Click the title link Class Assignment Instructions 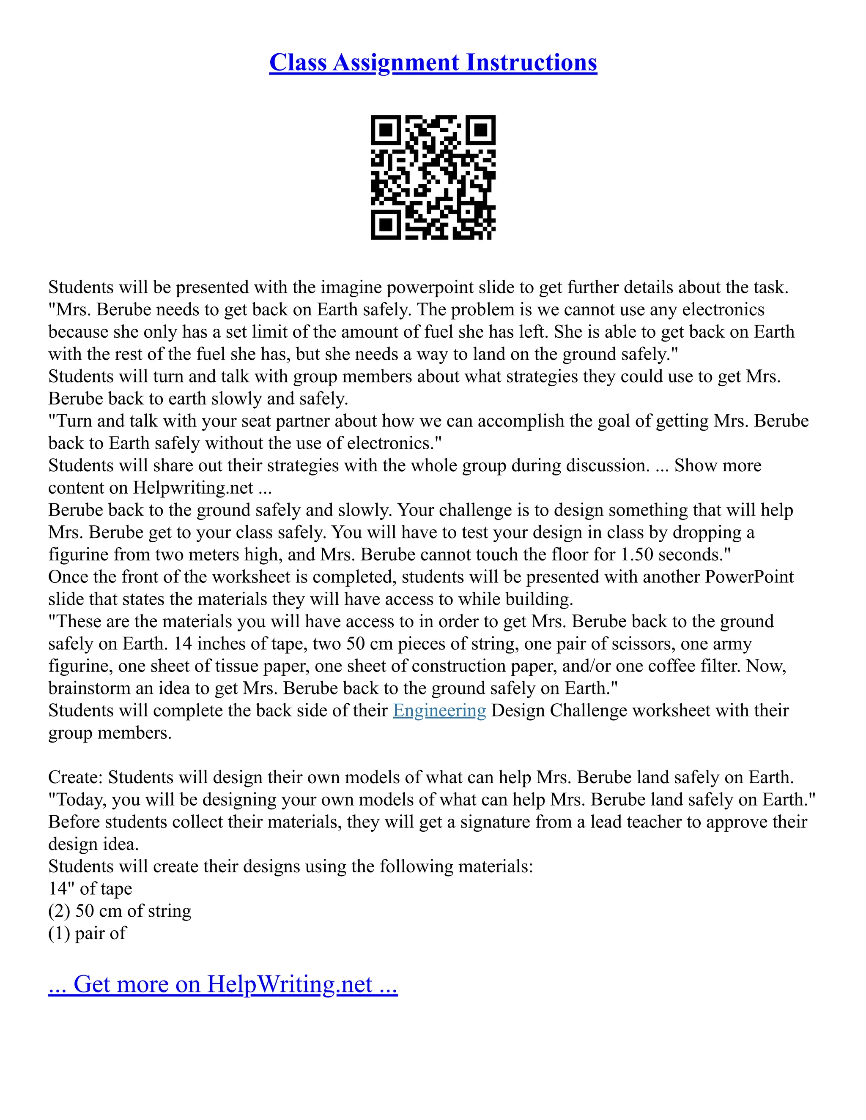pyautogui.click(x=433, y=63)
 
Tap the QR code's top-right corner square pyautogui.click(x=480, y=130)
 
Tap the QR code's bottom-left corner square pyautogui.click(x=386, y=224)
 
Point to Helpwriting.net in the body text pyautogui.click(x=193, y=488)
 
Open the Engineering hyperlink pyautogui.click(x=439, y=710)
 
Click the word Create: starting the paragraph pyautogui.click(x=76, y=777)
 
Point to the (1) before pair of pyautogui.click(x=59, y=933)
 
